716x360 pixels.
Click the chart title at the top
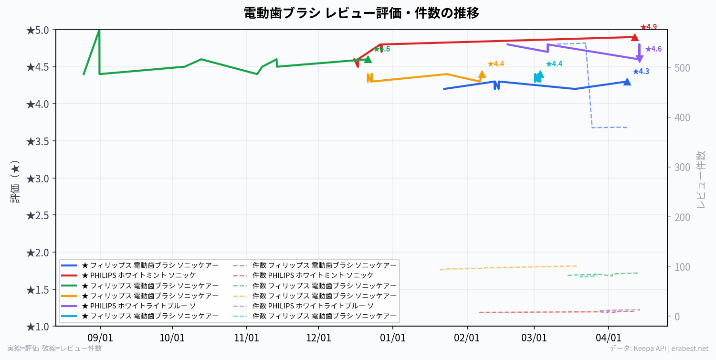pyautogui.click(x=361, y=13)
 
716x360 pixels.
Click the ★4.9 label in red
pyautogui.click(x=649, y=27)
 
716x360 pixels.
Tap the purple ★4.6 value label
pyautogui.click(x=653, y=49)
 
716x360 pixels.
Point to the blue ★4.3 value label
pyautogui.click(x=641, y=72)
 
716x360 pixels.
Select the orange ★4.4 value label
pyautogui.click(x=496, y=64)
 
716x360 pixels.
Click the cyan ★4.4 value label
pyautogui.click(x=554, y=64)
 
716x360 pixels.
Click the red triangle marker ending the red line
pyautogui.click(x=634, y=37)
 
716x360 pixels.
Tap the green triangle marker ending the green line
pyautogui.click(x=368, y=59)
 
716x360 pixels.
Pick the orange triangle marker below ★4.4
pyautogui.click(x=482, y=74)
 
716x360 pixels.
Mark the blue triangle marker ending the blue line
pyautogui.click(x=627, y=82)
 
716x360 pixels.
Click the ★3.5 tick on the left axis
pyautogui.click(x=37, y=141)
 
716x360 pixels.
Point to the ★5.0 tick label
pyautogui.click(x=37, y=31)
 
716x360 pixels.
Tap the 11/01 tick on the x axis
pyautogui.click(x=246, y=338)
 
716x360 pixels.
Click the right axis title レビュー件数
pyautogui.click(x=701, y=179)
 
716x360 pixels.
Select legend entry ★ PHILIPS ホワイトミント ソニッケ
pyautogui.click(x=138, y=275)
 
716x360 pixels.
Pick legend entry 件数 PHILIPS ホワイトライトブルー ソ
pyautogui.click(x=313, y=306)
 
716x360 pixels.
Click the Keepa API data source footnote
pyautogui.click(x=659, y=349)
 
